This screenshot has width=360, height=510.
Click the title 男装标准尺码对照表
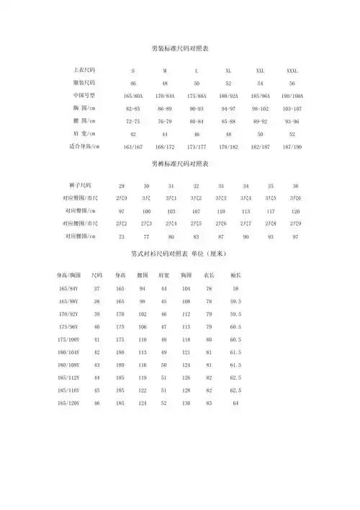(179, 48)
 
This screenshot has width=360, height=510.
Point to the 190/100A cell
(292, 96)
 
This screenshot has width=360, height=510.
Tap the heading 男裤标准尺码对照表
(179, 164)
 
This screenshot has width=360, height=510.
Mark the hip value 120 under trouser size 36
(295, 211)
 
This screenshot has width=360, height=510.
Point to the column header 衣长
(210, 274)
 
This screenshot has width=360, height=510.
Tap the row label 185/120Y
(68, 403)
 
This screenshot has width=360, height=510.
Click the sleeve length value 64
(235, 403)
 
